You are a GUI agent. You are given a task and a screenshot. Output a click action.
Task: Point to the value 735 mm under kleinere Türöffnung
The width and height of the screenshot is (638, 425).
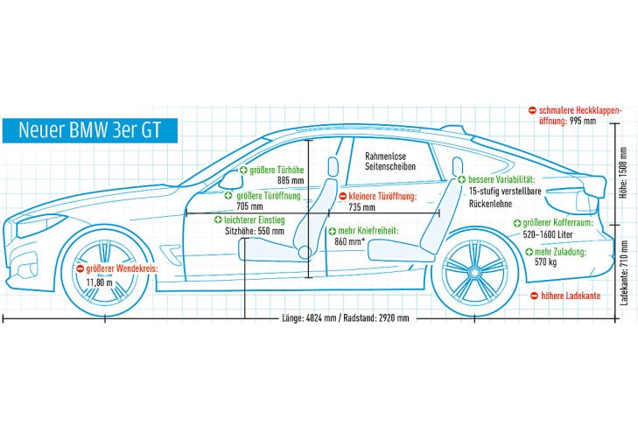[361, 208]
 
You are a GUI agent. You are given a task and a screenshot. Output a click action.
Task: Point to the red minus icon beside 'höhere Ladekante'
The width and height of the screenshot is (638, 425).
[535, 296]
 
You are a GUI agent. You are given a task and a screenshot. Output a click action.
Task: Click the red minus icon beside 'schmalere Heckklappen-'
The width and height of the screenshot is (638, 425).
[532, 110]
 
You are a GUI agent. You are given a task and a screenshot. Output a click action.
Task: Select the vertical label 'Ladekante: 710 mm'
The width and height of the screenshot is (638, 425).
[622, 271]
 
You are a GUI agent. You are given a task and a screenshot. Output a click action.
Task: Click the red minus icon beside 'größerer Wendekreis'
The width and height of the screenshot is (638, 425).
[80, 269]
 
